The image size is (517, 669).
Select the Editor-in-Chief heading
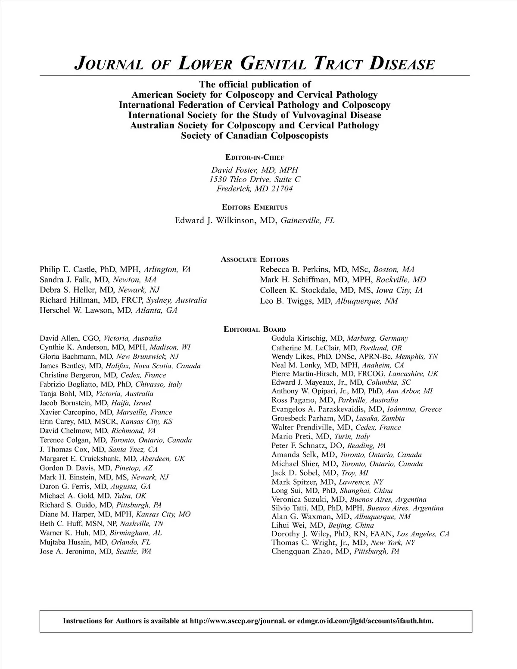(255, 157)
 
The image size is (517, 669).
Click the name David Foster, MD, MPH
(255, 170)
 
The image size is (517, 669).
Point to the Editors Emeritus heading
(255, 207)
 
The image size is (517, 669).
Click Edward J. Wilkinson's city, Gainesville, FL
(307, 221)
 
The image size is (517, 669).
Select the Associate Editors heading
(255, 259)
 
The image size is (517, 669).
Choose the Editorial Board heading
(255, 330)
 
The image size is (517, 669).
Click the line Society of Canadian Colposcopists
(255, 136)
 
